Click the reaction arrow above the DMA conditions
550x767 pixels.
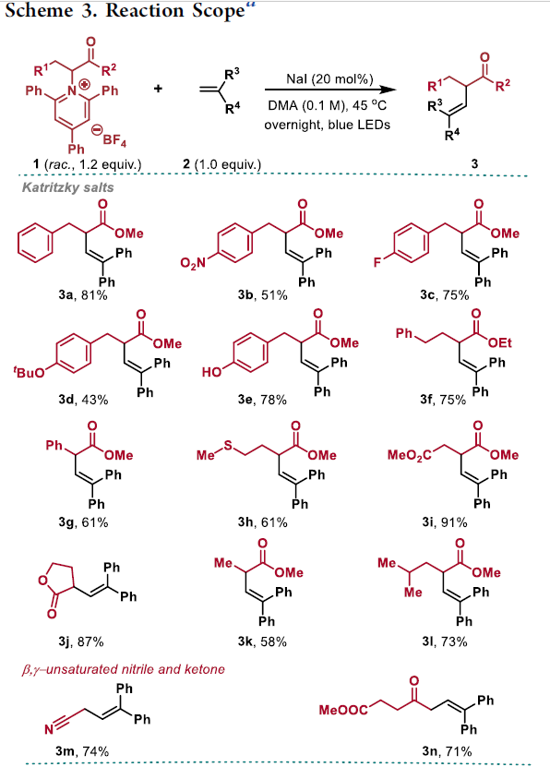330,90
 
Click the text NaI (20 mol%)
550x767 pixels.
329,78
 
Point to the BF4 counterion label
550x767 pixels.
114,140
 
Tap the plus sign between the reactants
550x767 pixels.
158,89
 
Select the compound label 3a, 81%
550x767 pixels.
83,295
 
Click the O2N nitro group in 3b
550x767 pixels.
193,263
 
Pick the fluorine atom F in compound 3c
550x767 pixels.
377,263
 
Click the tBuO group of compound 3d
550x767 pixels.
29,373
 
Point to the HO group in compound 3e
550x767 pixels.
211,372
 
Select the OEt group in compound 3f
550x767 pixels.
499,343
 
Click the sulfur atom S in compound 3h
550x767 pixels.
228,446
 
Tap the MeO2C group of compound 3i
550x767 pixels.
409,455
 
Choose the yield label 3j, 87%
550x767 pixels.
81,641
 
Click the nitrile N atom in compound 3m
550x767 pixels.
49,730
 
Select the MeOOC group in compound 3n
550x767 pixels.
343,709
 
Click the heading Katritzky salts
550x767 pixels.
68,187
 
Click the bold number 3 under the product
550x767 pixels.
474,163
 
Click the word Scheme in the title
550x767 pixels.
39,10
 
